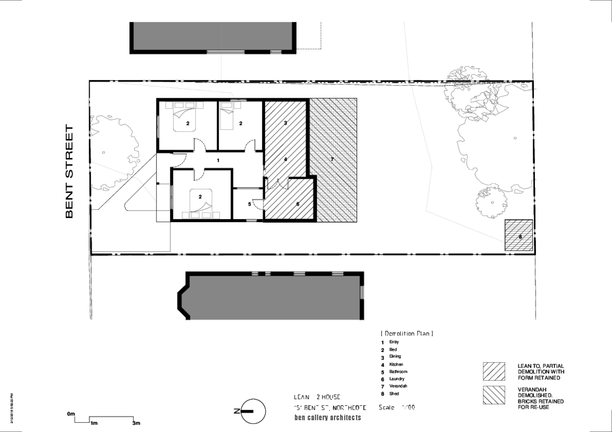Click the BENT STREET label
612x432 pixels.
(70, 172)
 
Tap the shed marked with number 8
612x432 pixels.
(519, 235)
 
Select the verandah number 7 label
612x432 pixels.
(332, 159)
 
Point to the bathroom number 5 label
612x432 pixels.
(249, 204)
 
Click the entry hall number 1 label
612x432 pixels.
(218, 160)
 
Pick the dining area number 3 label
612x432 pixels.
(286, 123)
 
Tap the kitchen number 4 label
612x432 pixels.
(286, 159)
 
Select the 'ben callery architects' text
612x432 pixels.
(327, 418)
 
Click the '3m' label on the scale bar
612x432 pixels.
(136, 423)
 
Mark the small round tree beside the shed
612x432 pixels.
(492, 202)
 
